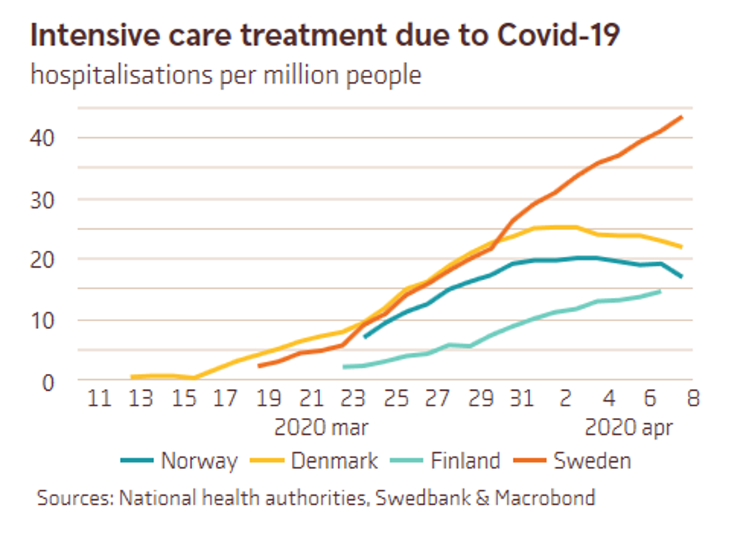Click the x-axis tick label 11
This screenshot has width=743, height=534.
click(x=98, y=399)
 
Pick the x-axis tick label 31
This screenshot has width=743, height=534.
click(x=522, y=399)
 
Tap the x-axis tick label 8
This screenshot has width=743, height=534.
click(x=692, y=399)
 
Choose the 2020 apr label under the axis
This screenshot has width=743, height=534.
click(x=628, y=427)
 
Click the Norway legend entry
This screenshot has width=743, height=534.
click(x=198, y=461)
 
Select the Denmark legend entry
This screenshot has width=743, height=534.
click(x=334, y=461)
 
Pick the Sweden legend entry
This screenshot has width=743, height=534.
click(x=591, y=461)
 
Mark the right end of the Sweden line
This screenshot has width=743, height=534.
click(x=681, y=117)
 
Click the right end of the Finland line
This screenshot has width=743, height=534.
click(x=660, y=292)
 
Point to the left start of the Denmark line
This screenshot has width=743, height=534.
click(x=132, y=377)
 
